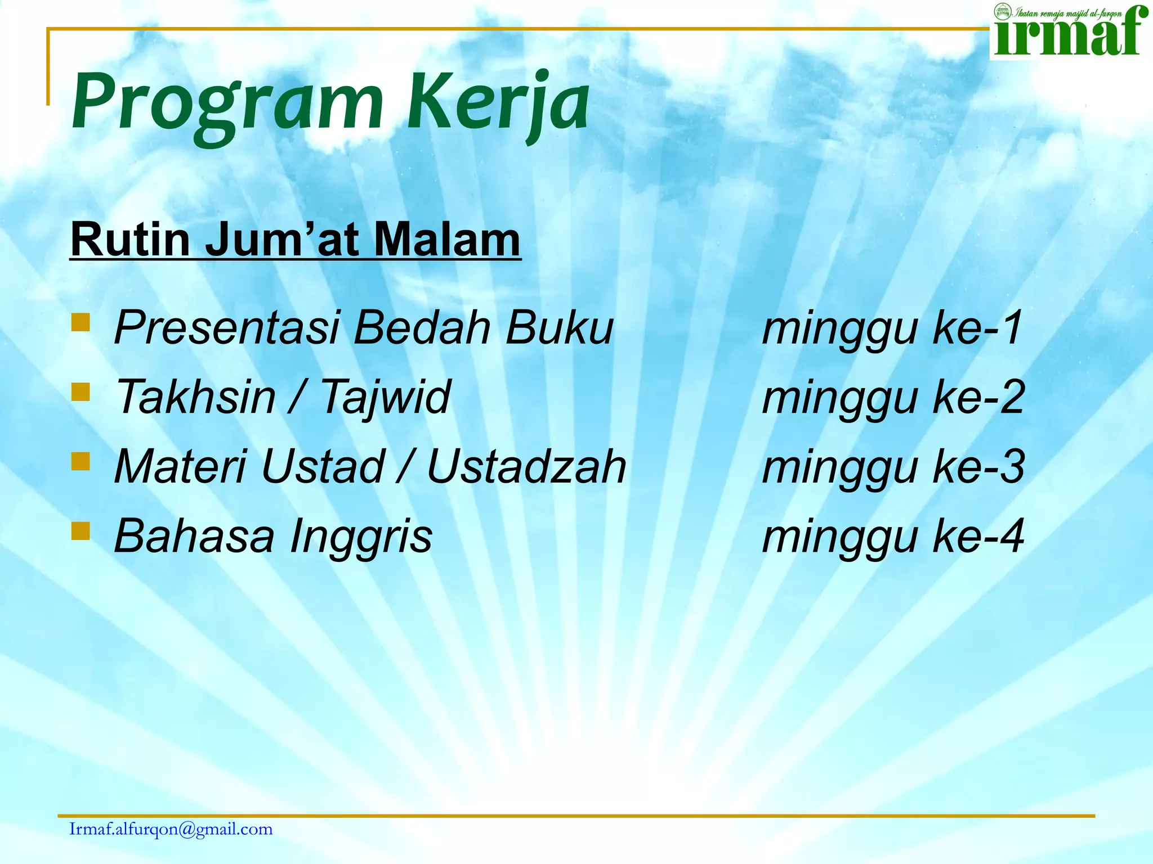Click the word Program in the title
pos(228,104)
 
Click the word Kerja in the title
pos(498,104)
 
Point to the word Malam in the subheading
pos(447,240)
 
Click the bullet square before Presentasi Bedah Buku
pos(81,323)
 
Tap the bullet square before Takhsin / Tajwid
pos(81,392)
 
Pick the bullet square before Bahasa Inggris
pos(81,530)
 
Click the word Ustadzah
pos(526,467)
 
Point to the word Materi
pos(180,467)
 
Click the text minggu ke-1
pos(892,328)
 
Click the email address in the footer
pos(171,829)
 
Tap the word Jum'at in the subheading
pos(281,240)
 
